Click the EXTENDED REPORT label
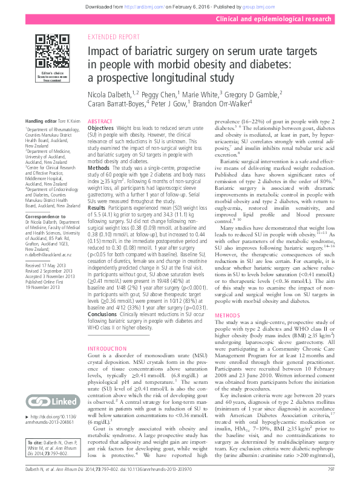(x=113, y=37)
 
